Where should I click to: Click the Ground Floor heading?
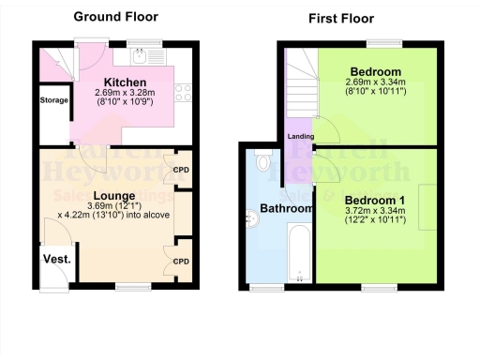click(x=115, y=16)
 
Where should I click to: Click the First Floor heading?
click(x=341, y=18)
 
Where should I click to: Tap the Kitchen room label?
click(x=125, y=82)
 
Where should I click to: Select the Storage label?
click(x=53, y=99)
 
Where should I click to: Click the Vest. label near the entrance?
click(x=52, y=258)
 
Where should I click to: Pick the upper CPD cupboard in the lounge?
click(x=181, y=170)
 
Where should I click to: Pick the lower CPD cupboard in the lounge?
click(x=181, y=260)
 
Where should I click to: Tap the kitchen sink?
click(x=142, y=54)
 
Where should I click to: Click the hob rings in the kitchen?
click(x=185, y=92)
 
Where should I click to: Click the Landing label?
click(x=301, y=137)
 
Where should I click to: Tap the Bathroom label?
click(x=285, y=208)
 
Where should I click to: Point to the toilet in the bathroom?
click(x=263, y=163)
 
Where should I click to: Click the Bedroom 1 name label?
click(x=374, y=201)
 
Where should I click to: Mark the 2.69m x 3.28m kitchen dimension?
click(x=125, y=93)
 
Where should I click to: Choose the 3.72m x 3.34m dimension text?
click(x=374, y=213)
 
